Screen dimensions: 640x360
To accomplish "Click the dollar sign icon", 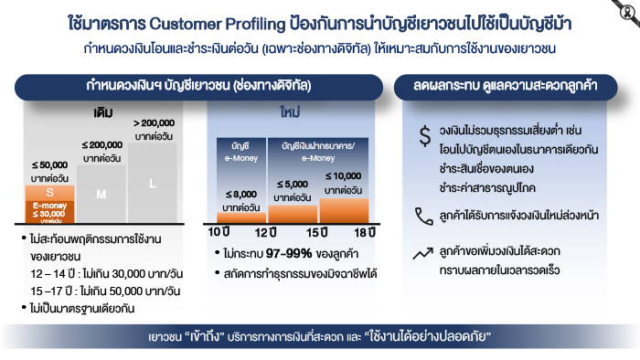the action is click(x=425, y=136).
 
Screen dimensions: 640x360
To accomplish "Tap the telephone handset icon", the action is click(x=424, y=216).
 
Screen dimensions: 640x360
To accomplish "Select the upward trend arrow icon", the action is click(x=422, y=253).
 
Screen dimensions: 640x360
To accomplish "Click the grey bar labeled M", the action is click(x=101, y=194).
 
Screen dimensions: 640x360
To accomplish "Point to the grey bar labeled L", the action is click(x=153, y=183).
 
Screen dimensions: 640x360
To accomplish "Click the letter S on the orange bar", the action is click(x=49, y=193).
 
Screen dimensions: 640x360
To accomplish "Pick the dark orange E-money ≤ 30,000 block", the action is click(x=49, y=212).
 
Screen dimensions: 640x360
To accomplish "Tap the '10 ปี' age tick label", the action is click(x=219, y=232).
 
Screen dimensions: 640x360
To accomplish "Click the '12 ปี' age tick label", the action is click(x=265, y=232).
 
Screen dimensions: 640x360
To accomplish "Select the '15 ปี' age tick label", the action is click(x=316, y=232).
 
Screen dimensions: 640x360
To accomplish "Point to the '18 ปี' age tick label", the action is click(x=365, y=232).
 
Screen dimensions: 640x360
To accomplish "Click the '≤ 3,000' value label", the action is click(x=241, y=194).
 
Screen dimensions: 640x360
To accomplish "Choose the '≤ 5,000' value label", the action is click(x=293, y=185).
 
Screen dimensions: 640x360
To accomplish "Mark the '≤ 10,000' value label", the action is click(x=343, y=176).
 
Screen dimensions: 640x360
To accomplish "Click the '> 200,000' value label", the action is click(x=154, y=123).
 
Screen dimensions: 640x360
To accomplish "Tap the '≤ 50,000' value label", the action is click(x=49, y=165).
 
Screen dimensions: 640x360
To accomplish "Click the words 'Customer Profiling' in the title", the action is click(x=218, y=24).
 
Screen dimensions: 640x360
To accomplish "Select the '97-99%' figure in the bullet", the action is click(x=289, y=254).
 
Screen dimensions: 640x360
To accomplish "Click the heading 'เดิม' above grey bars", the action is click(x=102, y=112).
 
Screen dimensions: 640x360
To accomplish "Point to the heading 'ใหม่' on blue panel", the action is click(x=290, y=111).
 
